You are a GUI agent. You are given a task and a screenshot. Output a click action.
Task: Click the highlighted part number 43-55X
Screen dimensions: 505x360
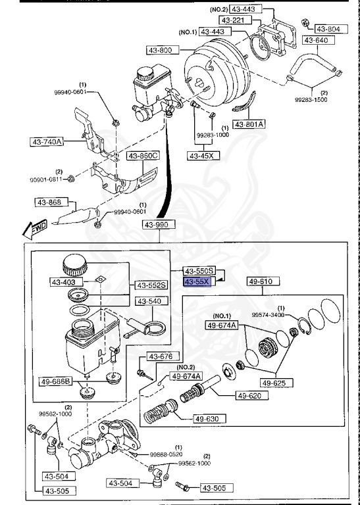197,281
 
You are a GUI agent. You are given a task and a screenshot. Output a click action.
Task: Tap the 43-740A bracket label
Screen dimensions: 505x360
46,141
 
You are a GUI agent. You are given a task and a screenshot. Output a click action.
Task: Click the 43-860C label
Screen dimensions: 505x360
143,156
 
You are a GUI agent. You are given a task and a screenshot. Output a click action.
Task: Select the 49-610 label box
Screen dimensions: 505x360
264,281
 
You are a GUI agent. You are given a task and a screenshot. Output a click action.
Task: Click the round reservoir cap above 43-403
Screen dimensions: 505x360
74,267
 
